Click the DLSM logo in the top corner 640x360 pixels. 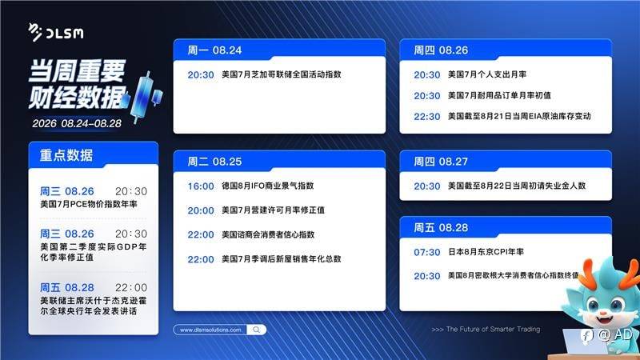(x=56, y=32)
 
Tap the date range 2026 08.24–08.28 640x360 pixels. (x=77, y=123)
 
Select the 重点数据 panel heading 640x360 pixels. (x=66, y=155)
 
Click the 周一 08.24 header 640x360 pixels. (x=214, y=50)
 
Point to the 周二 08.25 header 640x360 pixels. (x=214, y=162)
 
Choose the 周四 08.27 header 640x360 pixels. (x=441, y=162)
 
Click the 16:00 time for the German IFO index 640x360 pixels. (x=201, y=186)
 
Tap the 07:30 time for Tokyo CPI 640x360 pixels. (x=427, y=252)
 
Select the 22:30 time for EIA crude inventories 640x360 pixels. (x=427, y=117)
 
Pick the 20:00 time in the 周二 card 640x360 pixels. (x=201, y=210)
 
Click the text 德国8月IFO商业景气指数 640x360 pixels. (x=268, y=186)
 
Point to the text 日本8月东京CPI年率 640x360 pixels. (x=486, y=252)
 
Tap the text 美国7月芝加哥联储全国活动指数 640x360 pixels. (x=282, y=74)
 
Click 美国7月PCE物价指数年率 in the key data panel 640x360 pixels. (x=89, y=204)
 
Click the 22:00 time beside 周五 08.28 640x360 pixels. (x=131, y=287)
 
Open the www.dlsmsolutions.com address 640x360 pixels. (x=210, y=330)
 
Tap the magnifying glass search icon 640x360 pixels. (x=256, y=330)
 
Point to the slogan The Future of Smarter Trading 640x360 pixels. (x=486, y=329)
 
